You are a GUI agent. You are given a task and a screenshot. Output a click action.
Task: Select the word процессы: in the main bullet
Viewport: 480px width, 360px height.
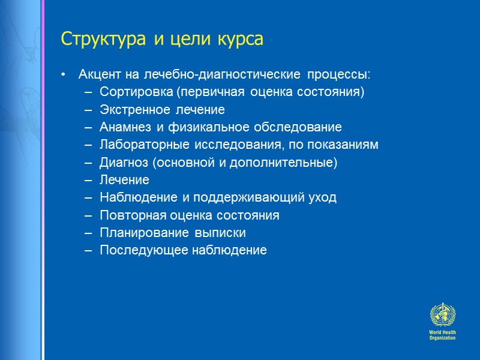click(339, 75)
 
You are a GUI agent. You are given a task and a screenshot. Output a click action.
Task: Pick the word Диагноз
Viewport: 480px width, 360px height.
click(121, 163)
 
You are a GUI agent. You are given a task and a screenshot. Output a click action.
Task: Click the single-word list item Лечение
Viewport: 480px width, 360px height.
click(125, 180)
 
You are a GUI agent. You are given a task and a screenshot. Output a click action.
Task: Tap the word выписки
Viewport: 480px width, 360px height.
click(224, 232)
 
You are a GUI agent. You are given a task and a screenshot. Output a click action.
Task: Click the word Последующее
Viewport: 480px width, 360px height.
click(136, 250)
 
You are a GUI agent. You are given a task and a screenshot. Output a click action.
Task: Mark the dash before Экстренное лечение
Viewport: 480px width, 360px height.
click(89, 110)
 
